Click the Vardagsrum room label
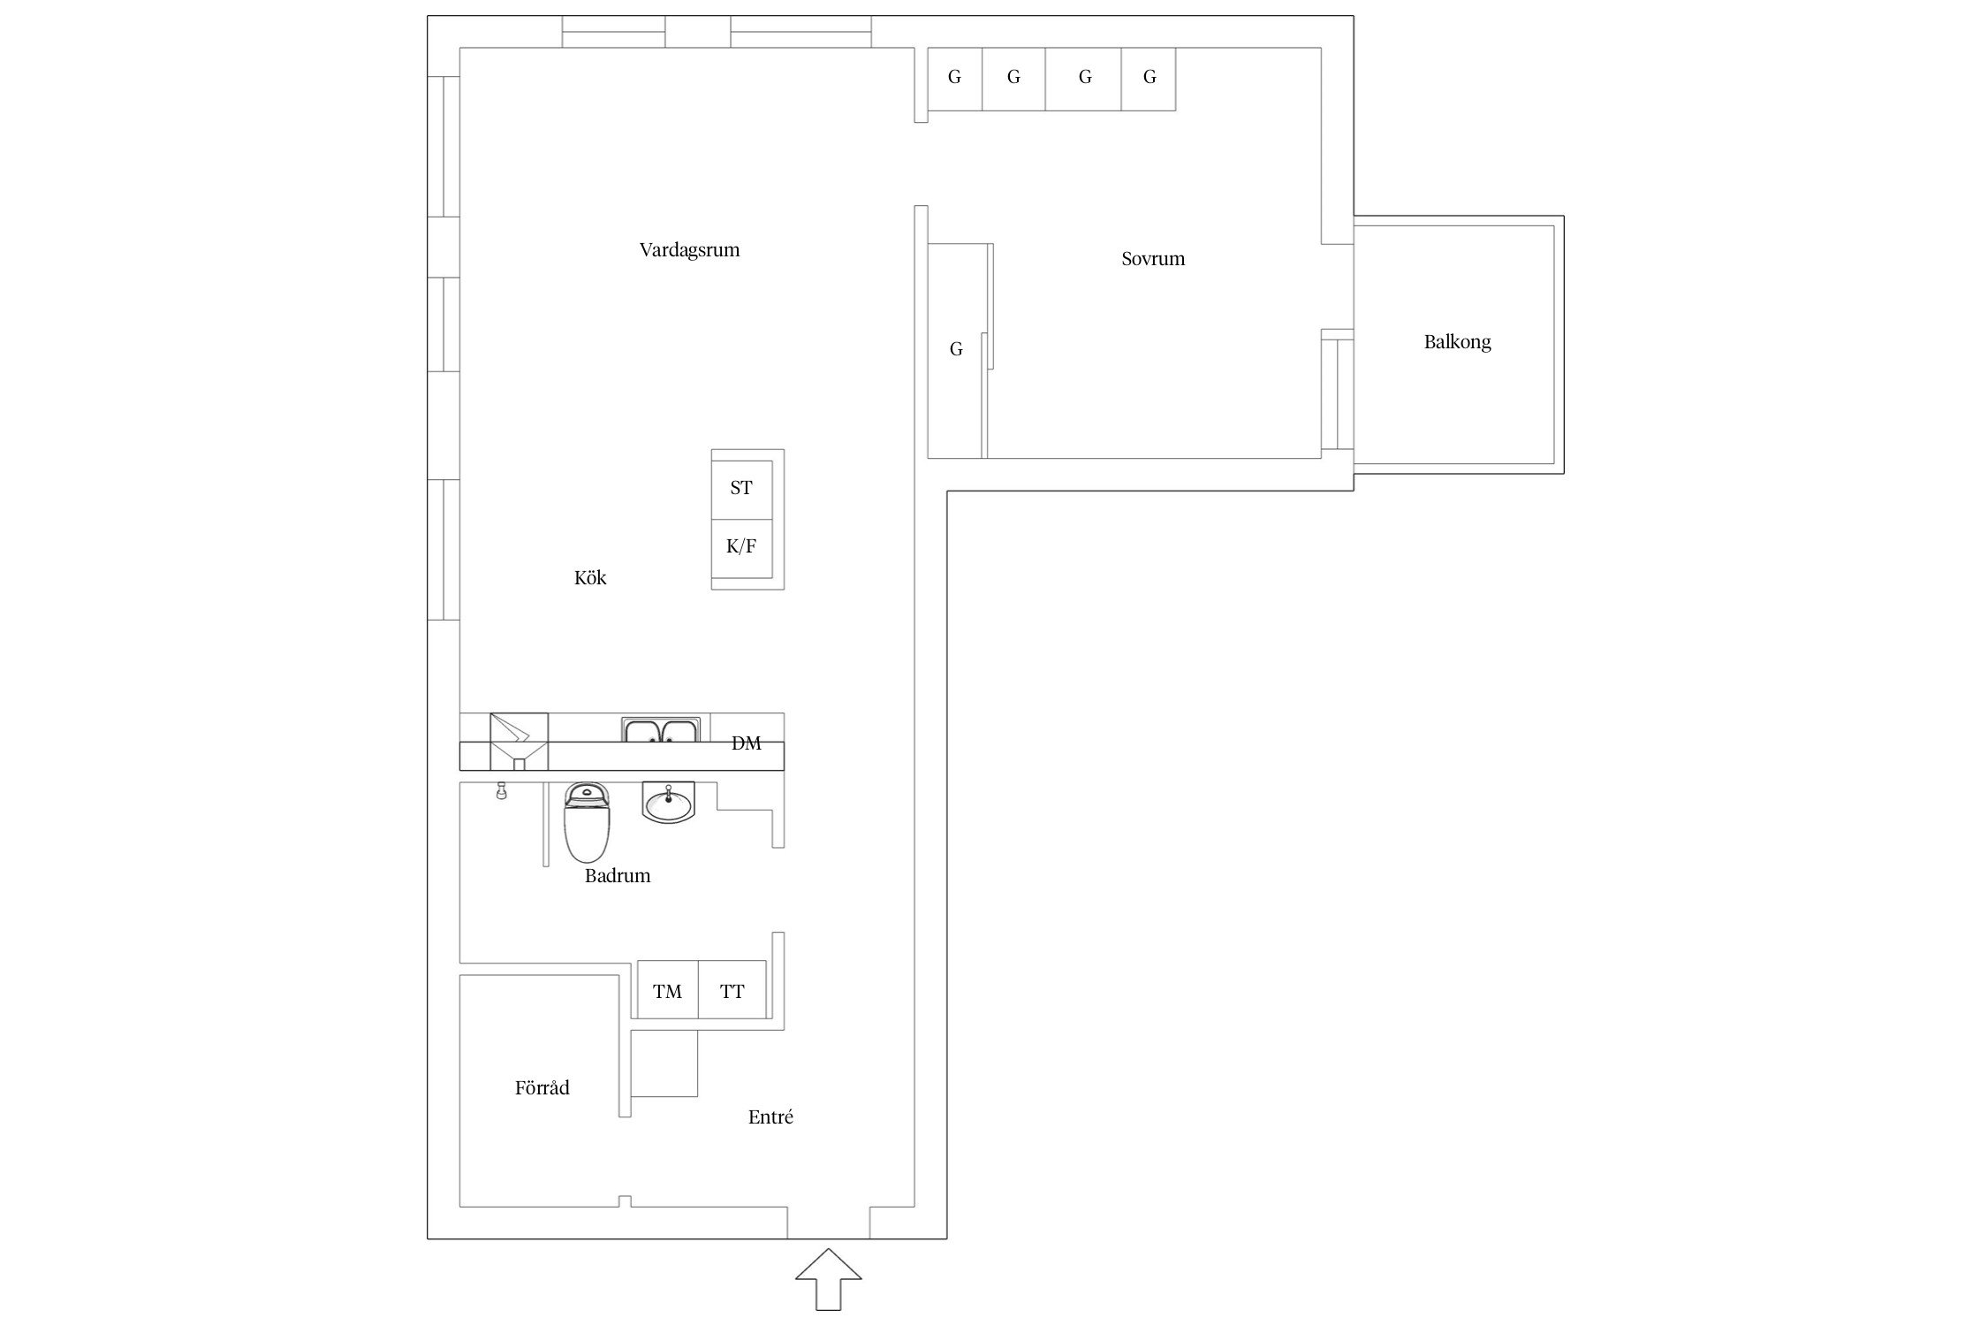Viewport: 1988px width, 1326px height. [689, 250]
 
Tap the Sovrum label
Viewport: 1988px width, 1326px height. [1153, 259]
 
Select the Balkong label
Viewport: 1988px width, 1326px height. [1457, 342]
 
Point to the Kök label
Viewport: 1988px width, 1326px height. [590, 577]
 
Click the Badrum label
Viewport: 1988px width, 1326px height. [618, 875]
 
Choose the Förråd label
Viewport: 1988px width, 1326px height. [542, 1087]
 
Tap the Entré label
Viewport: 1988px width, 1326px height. [770, 1116]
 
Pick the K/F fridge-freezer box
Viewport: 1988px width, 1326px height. [742, 549]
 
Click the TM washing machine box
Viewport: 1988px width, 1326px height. [668, 990]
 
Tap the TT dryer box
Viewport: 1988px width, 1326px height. [732, 990]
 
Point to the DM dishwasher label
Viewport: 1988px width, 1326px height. [746, 743]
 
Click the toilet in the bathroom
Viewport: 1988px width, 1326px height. [588, 822]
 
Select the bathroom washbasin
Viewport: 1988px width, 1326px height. [669, 803]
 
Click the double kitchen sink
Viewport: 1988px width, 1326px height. [661, 730]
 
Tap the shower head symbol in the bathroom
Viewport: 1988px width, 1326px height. [502, 790]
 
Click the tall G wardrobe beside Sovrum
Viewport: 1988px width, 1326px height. [957, 350]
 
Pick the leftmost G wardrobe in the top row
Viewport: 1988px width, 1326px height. [955, 79]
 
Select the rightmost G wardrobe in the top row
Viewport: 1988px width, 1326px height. [1149, 79]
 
